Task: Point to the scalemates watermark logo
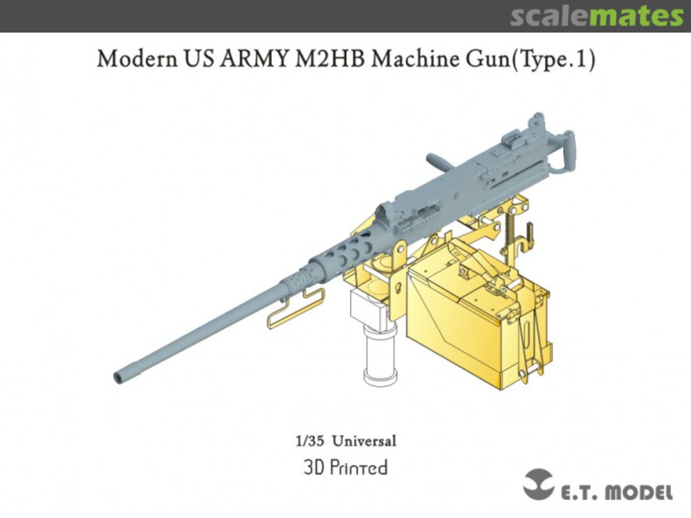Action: (x=596, y=16)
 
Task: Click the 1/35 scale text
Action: (x=307, y=441)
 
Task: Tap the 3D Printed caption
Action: (x=345, y=467)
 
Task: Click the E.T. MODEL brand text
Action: (x=617, y=492)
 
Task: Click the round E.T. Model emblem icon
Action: (x=538, y=484)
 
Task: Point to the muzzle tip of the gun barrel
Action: (x=118, y=377)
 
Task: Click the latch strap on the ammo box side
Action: (x=530, y=345)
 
